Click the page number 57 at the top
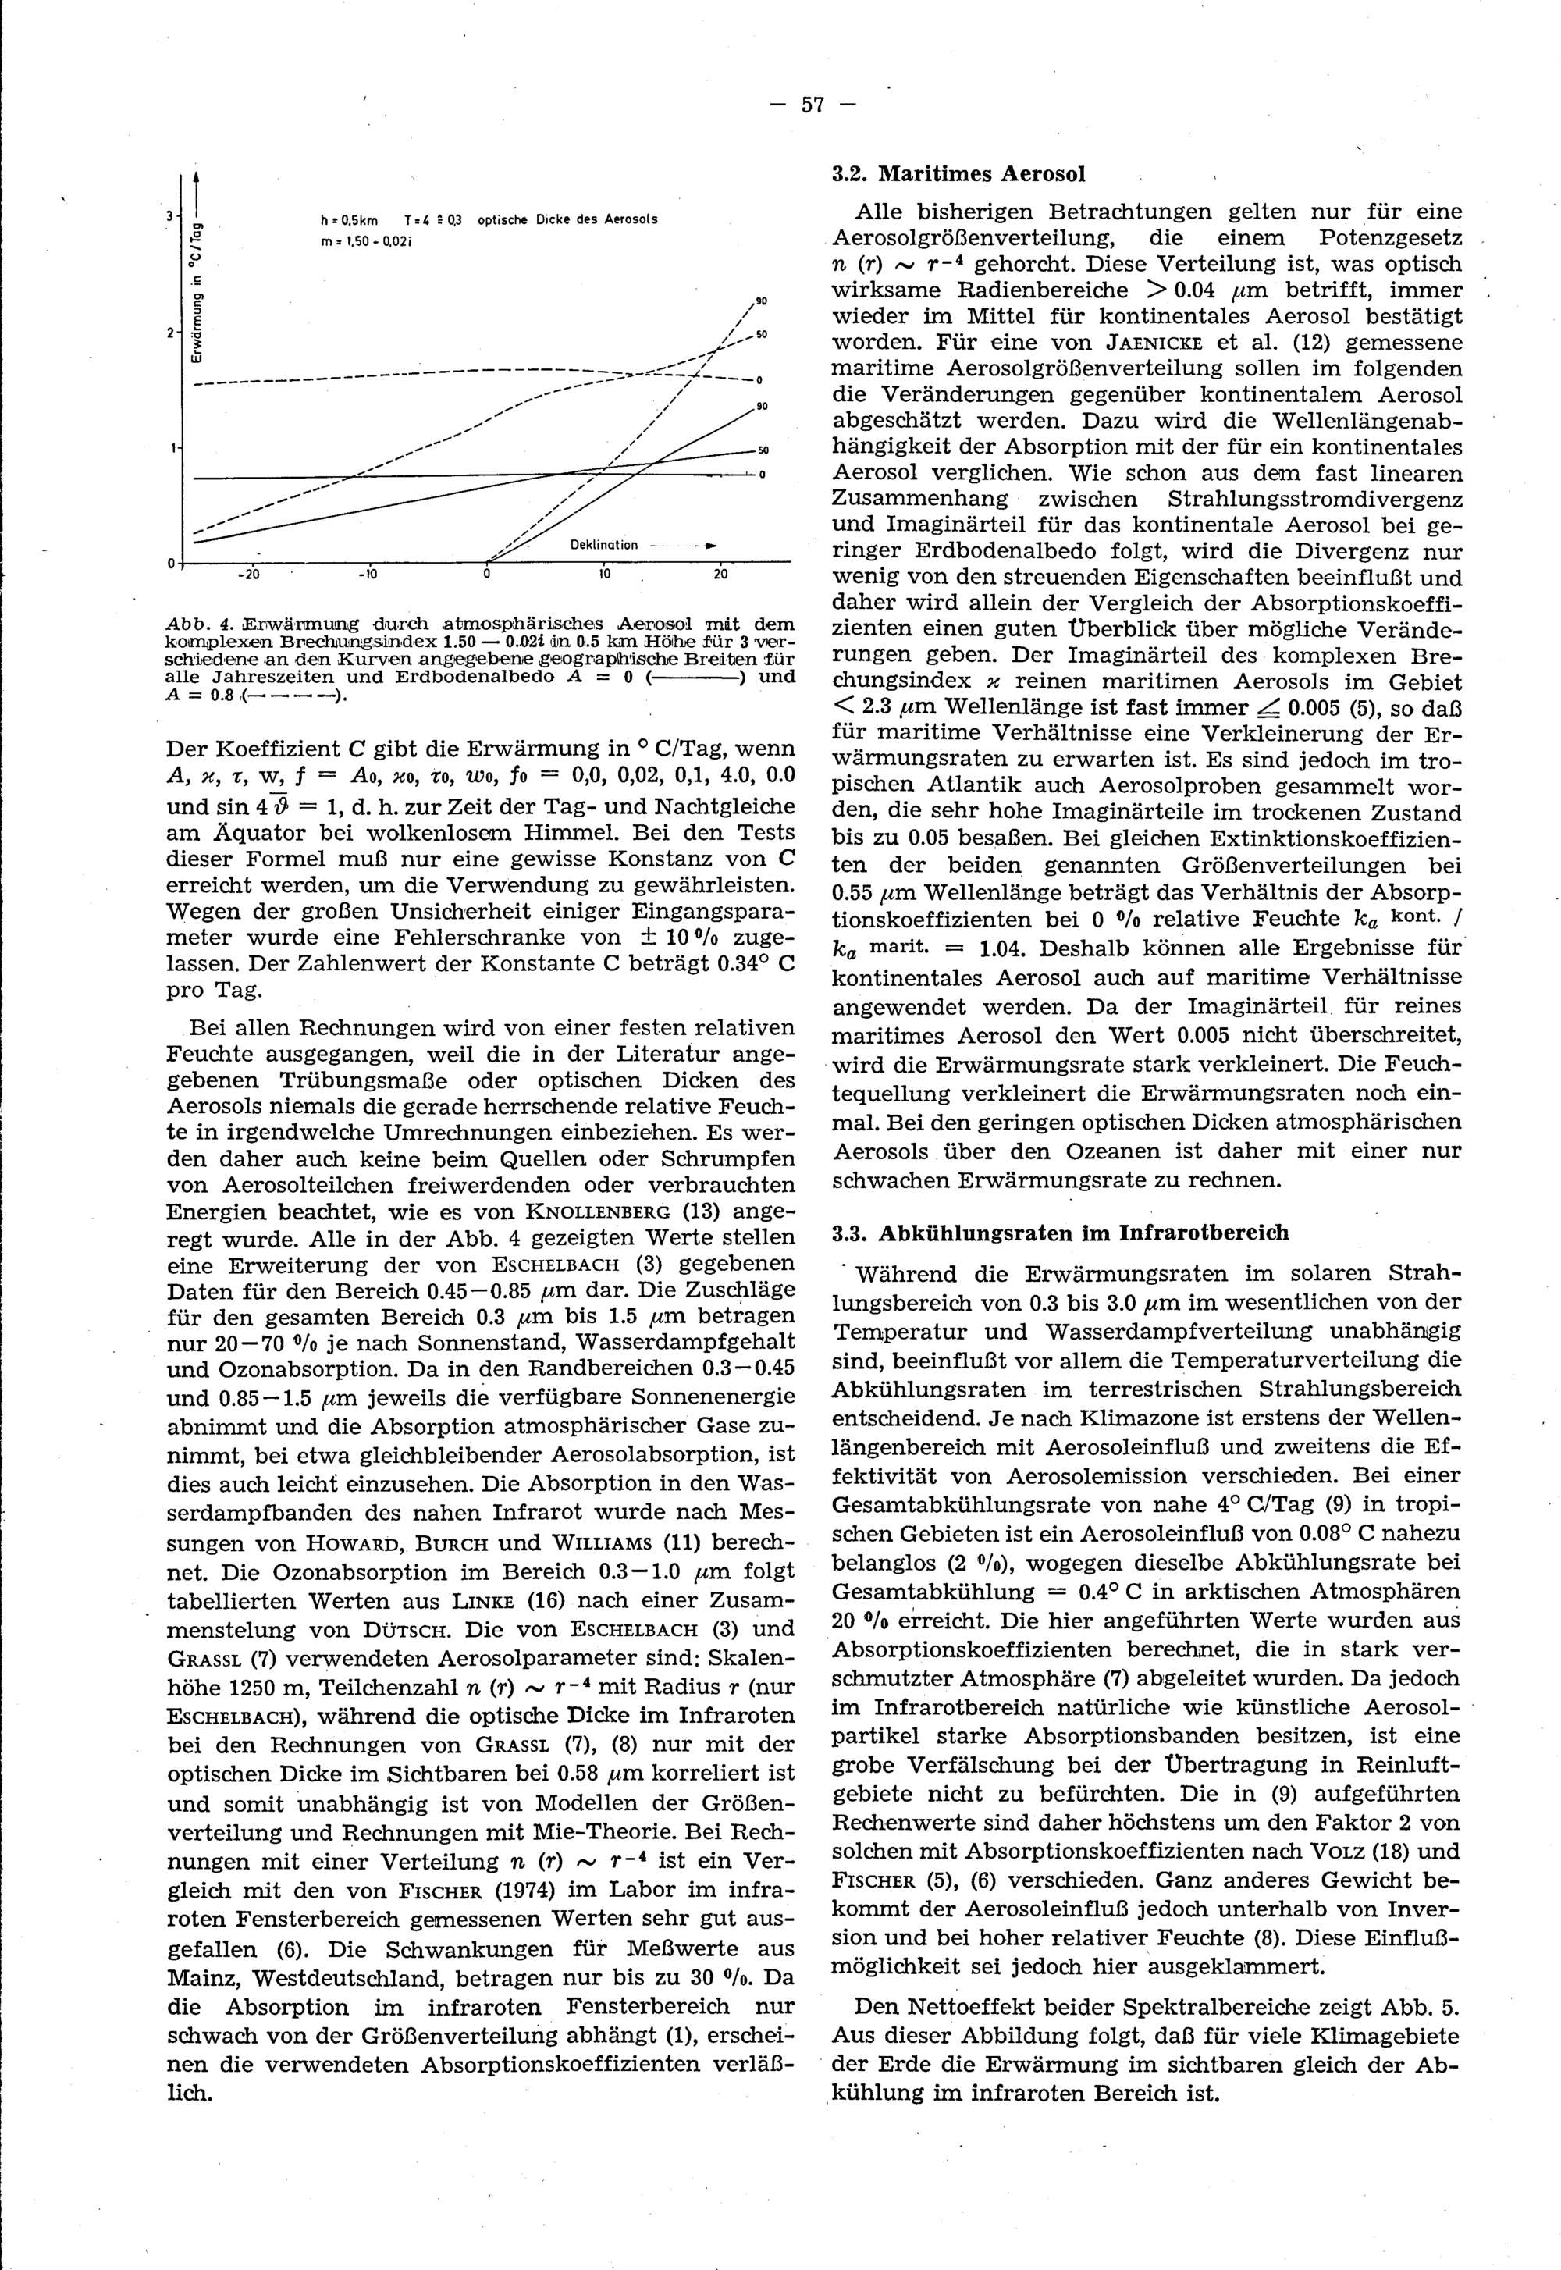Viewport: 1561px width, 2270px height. tap(813, 105)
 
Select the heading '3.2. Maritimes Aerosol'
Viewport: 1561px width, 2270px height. tap(958, 175)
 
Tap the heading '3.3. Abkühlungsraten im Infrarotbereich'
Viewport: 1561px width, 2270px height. tap(1059, 1233)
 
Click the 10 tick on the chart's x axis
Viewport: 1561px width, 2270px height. tap(604, 575)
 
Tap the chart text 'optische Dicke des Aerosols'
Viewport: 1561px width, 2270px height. tap(567, 219)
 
